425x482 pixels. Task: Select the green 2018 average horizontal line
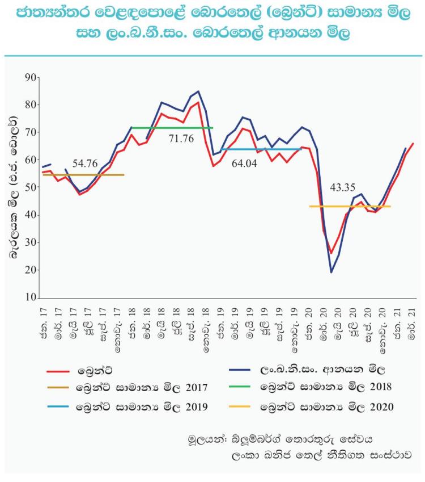(170, 128)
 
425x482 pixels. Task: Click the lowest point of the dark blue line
(331, 272)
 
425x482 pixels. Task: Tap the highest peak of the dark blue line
(198, 91)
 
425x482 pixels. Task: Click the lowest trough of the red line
(331, 253)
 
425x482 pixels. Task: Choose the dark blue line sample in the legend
(241, 371)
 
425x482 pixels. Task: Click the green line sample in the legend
(241, 388)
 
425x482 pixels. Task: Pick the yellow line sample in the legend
(241, 406)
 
